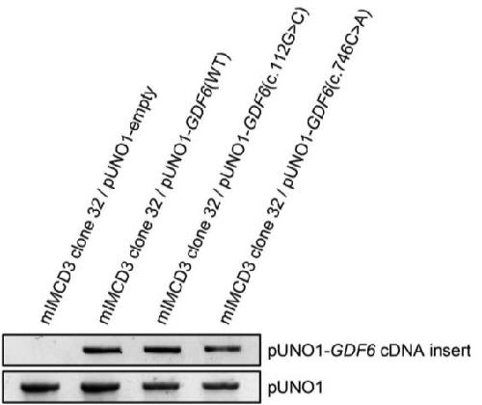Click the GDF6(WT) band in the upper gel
103,350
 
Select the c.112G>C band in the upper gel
163,349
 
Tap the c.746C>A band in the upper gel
223,349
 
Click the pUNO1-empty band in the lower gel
40,387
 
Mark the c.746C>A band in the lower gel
222,386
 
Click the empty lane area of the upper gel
40,350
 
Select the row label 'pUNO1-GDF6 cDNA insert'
369,351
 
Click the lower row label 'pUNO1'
295,388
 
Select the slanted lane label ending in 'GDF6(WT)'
165,187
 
